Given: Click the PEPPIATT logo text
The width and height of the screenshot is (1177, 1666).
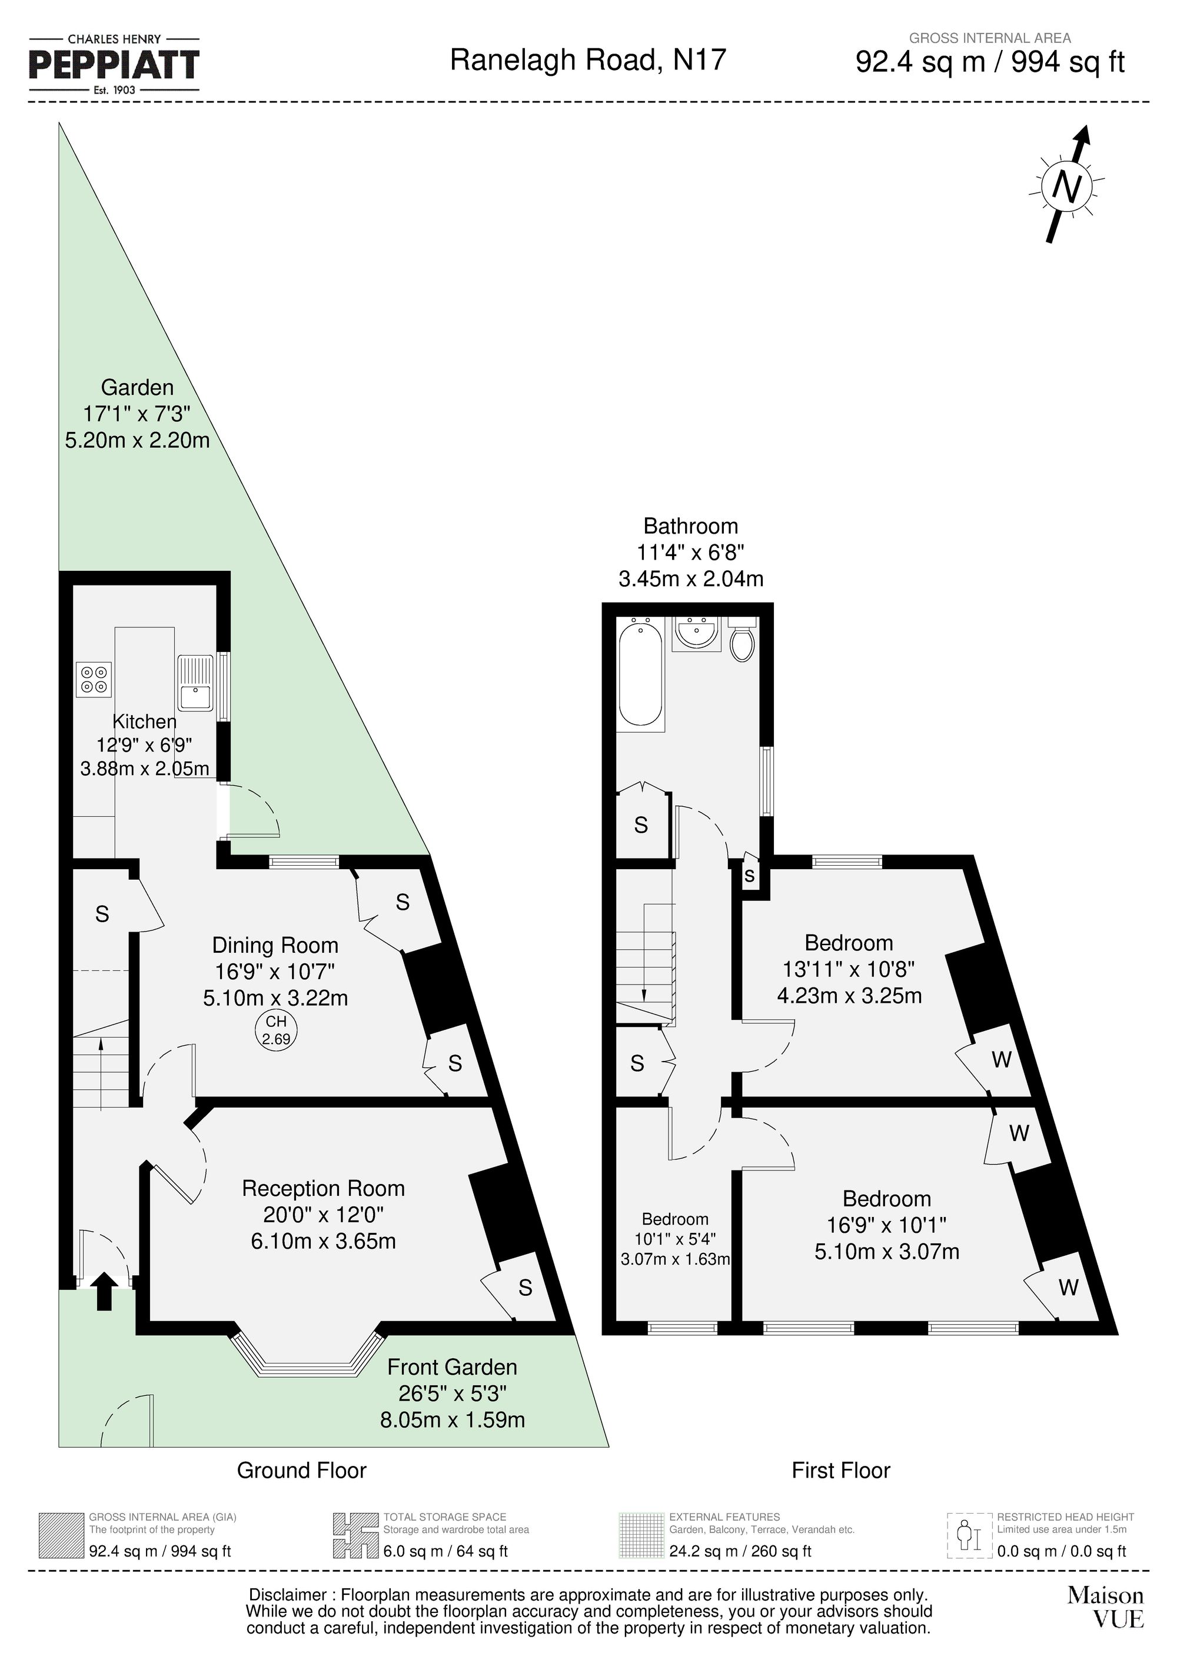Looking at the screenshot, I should point(114,65).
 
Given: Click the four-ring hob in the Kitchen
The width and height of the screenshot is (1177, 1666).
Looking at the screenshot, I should point(94,679).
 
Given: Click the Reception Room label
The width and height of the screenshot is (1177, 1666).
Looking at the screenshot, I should point(323,1189).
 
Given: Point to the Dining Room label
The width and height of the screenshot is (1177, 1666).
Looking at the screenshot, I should point(275,946).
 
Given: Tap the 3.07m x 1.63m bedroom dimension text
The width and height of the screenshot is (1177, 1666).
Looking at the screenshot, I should point(675,1260).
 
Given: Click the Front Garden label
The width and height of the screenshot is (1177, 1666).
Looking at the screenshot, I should point(452,1368).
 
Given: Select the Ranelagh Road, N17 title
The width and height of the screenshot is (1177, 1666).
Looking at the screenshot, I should point(588,59).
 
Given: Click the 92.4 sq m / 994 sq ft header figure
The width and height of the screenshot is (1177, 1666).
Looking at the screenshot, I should point(990,62).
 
